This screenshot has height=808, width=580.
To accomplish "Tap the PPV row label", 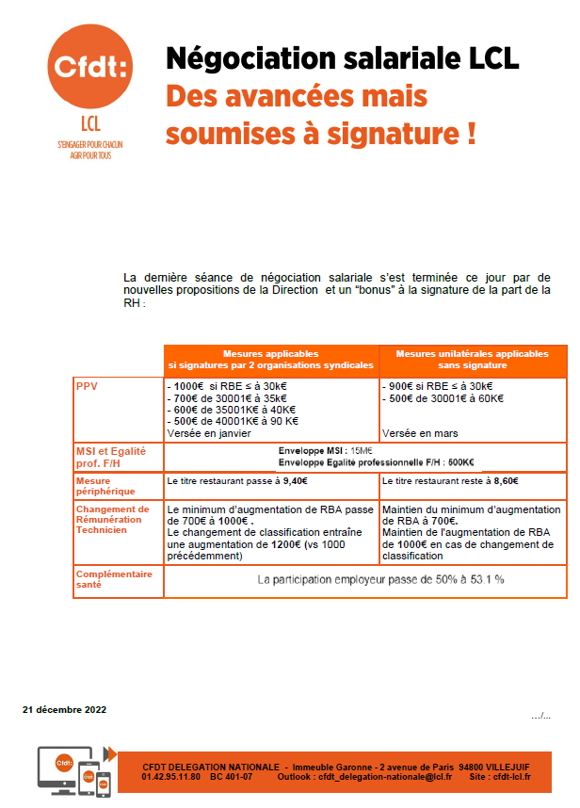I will tap(86, 386).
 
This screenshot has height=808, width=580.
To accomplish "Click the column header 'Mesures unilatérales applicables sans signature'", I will tap(472, 359).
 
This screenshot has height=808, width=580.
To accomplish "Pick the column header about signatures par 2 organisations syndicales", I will tap(270, 359).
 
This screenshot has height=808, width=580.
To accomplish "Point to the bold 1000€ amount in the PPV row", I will tap(188, 386).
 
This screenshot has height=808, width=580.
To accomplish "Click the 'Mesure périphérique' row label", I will tap(105, 486).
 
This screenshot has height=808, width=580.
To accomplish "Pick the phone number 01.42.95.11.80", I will tap(170, 776).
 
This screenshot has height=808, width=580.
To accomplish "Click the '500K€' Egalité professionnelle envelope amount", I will tap(460, 461).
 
